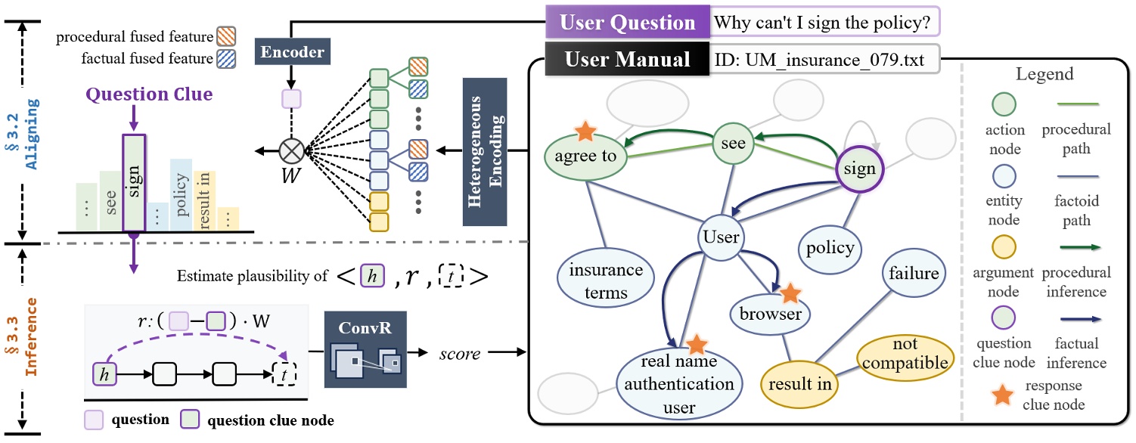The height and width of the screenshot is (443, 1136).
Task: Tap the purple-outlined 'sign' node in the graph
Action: tap(859, 169)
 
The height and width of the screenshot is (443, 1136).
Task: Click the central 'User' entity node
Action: tap(720, 237)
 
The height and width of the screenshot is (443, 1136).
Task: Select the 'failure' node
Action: tap(913, 273)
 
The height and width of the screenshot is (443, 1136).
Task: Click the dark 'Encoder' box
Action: tap(292, 53)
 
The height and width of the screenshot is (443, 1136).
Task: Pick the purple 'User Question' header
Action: tap(628, 23)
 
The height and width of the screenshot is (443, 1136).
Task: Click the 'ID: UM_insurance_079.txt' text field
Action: tap(824, 59)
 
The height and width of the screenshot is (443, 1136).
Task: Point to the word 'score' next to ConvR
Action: tap(460, 352)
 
